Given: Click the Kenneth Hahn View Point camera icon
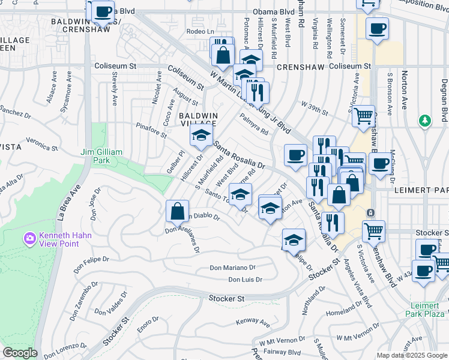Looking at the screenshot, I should click(x=30, y=239).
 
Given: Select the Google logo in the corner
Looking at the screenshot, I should click(x=20, y=353).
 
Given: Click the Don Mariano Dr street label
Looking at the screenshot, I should click(x=233, y=268).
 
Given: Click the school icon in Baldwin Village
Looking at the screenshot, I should click(x=201, y=136).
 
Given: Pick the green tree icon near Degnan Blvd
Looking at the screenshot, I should click(x=425, y=121).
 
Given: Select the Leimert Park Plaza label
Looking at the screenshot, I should click(x=427, y=309).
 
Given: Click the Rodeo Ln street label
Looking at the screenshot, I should click(x=200, y=32).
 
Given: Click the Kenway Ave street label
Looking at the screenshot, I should click(x=249, y=322).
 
